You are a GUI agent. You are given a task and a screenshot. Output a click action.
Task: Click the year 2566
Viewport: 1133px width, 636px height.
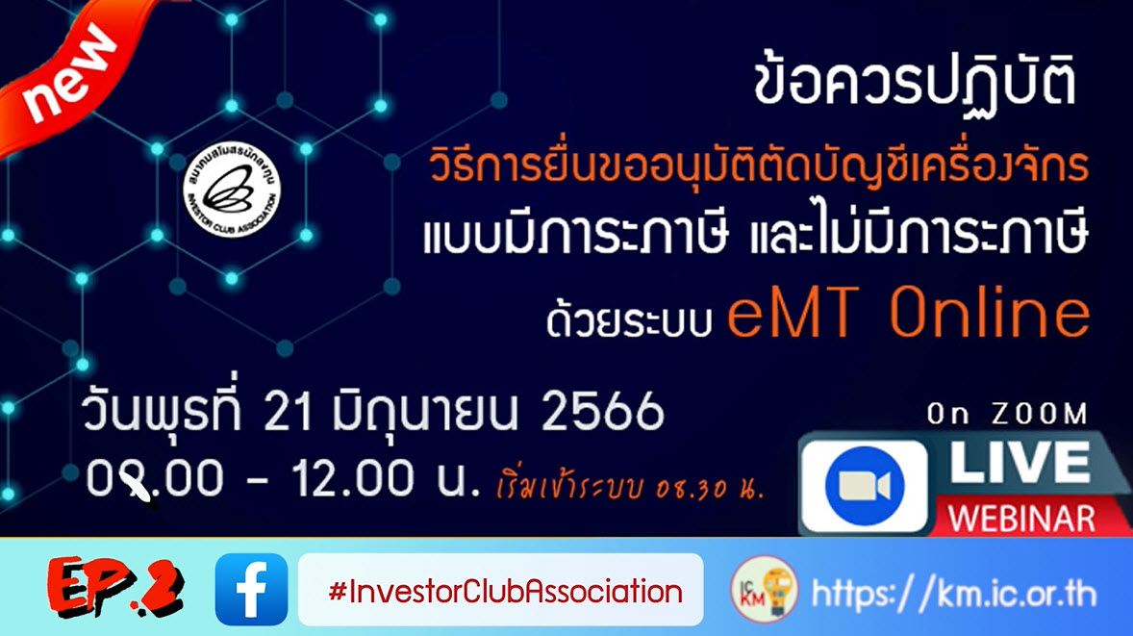(602, 414)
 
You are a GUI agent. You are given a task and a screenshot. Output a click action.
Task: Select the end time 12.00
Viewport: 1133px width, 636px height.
(348, 478)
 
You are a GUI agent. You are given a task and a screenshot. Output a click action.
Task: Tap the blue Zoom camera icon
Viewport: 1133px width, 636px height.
(865, 486)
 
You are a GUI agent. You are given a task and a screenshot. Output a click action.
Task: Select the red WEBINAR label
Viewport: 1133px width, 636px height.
(1021, 519)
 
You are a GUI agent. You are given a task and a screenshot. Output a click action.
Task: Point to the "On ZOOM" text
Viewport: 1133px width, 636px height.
(1007, 415)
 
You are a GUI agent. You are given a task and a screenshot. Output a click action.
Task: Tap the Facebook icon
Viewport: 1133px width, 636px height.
(251, 589)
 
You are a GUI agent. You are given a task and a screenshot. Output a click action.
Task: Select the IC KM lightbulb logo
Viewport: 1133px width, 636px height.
(763, 589)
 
